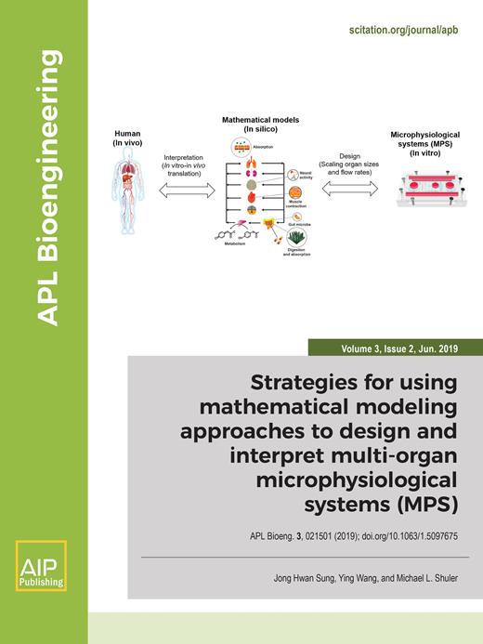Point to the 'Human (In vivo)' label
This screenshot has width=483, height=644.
coord(122,140)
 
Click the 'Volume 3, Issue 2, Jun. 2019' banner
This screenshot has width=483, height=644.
coord(394,349)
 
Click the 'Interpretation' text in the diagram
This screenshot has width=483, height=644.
coord(184,159)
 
